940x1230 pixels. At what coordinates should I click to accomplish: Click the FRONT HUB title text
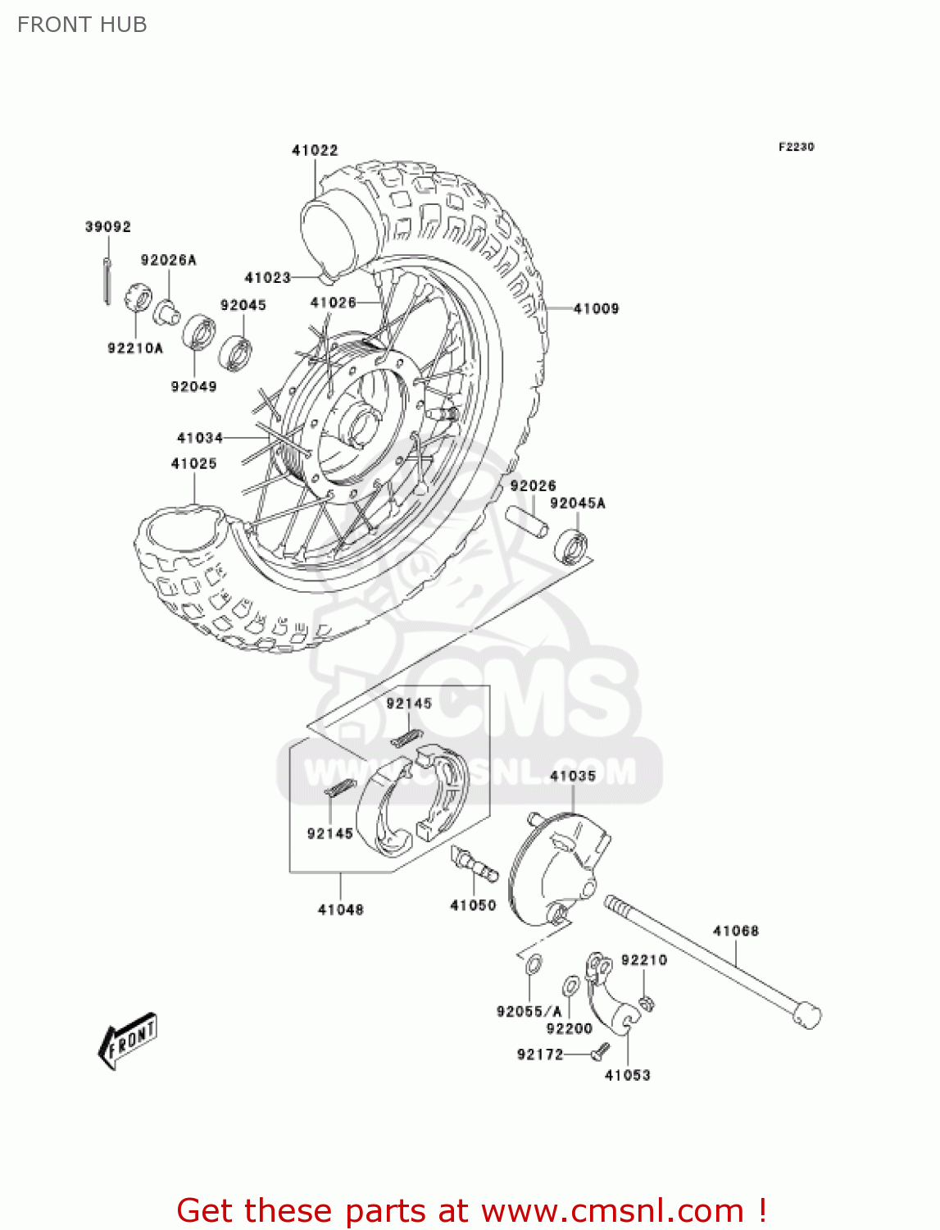point(82,25)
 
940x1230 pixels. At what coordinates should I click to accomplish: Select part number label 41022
point(315,150)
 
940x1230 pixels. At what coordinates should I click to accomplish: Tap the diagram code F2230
point(796,147)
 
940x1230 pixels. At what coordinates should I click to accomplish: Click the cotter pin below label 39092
point(107,280)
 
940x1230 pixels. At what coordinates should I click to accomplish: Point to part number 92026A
point(168,260)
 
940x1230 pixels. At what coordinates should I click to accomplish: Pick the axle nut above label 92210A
point(139,296)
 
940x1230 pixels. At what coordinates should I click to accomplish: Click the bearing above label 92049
point(198,332)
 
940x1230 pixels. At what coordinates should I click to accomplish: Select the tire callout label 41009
point(596,308)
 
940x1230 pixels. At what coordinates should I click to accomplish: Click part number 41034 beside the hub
point(200,438)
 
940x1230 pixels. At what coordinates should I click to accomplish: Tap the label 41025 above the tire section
point(193,463)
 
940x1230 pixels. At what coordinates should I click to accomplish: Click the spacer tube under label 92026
point(526,522)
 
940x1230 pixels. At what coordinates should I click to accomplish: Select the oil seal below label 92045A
point(571,547)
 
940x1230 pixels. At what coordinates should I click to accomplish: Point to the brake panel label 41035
point(573,776)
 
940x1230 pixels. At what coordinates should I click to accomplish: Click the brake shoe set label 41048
point(340,909)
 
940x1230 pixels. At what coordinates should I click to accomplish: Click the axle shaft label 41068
point(735,931)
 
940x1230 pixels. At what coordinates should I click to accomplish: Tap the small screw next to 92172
point(602,1049)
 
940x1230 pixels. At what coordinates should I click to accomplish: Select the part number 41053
point(627,1075)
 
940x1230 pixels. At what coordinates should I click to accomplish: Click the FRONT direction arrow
point(128,1041)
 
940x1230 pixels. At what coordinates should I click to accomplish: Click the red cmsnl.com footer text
point(471,1210)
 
